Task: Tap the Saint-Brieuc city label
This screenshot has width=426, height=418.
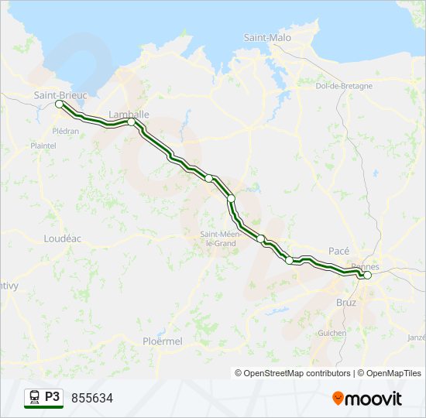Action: point(60,94)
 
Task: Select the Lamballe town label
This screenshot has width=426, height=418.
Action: point(129,114)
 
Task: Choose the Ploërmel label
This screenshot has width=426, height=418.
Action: point(162,341)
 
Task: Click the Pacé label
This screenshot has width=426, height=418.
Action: point(339,251)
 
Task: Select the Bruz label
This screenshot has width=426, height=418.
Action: point(346,302)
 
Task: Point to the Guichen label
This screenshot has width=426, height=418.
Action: point(332,333)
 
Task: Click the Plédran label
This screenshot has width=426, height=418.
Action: point(65,131)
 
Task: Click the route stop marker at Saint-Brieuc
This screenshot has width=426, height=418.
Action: point(59,104)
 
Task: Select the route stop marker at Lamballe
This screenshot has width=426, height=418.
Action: point(132,122)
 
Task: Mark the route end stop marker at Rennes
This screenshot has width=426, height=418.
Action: point(367,275)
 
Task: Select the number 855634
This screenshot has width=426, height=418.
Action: point(92,398)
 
